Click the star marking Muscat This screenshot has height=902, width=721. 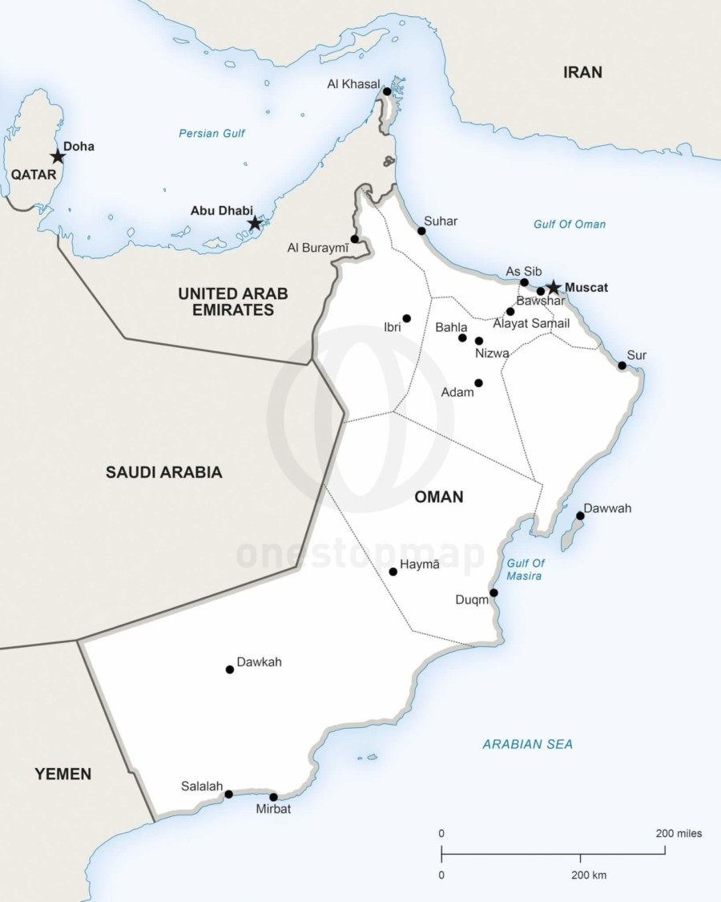pos(553,288)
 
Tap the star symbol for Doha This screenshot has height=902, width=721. pos(58,156)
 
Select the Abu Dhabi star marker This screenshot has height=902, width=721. pos(255,223)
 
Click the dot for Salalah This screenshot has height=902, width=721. pos(228,795)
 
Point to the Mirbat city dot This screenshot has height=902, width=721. pos(273,797)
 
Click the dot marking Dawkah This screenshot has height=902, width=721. pos(230,669)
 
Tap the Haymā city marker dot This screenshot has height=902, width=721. pos(393,572)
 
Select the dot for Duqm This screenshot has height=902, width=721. pos(493,593)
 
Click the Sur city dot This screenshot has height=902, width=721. pos(622,366)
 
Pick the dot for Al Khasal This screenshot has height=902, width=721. pos(387,91)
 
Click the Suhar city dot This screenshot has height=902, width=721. pos(421,231)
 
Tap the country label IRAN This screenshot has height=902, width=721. pos(582,73)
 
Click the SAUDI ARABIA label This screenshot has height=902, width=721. pos(163,472)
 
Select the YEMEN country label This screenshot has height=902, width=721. pos(62,774)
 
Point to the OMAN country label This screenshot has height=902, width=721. pos(438,497)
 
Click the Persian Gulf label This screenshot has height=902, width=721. pos(211,134)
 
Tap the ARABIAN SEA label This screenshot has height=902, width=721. pos(527,744)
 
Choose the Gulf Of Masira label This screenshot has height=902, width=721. pos(526,569)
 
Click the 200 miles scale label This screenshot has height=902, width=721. pos(679,834)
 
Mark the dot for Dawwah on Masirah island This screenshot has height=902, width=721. pos(580,516)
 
